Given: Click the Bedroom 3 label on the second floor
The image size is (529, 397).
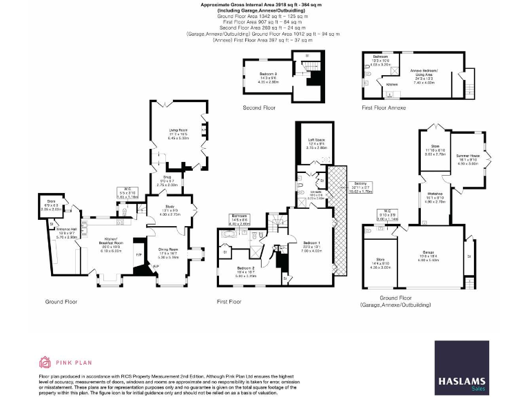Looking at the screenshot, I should tap(268, 72).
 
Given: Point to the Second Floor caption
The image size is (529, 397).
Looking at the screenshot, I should tap(260, 108).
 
